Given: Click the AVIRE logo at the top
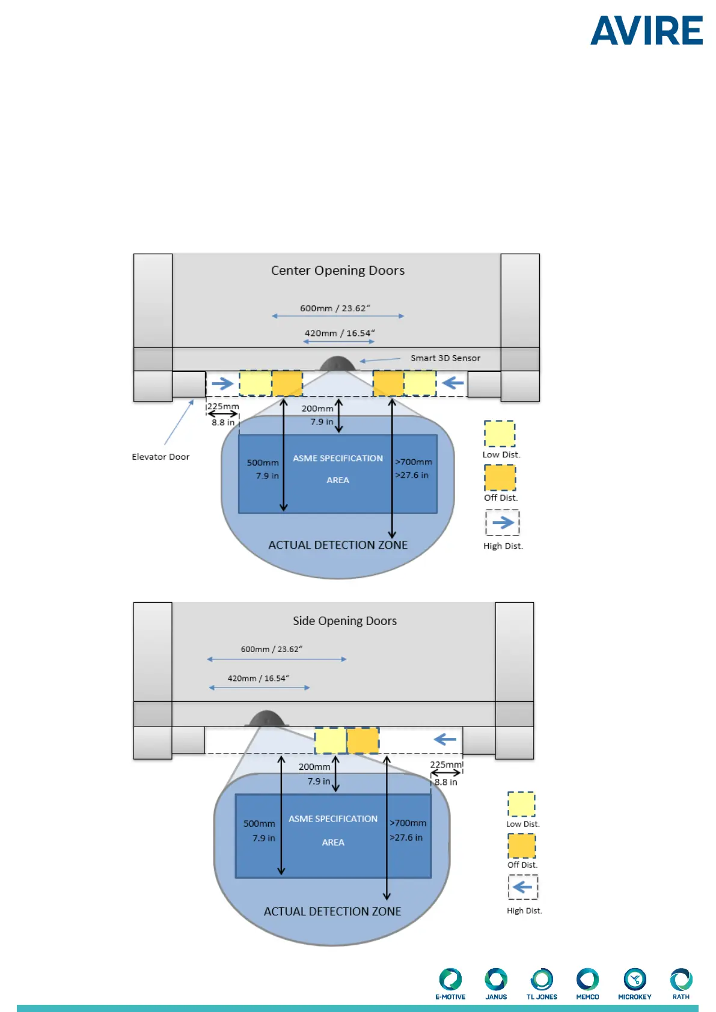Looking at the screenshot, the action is pyautogui.click(x=646, y=31).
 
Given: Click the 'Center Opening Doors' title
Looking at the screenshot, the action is pyautogui.click(x=337, y=270).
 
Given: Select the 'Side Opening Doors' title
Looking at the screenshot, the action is pyautogui.click(x=344, y=621).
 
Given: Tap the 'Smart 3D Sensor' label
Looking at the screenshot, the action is pyautogui.click(x=445, y=358).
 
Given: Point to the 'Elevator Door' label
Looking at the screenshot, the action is pyautogui.click(x=161, y=457).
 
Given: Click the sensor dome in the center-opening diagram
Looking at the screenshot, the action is pyautogui.click(x=337, y=364).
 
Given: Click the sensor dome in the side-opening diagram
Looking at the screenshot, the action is pyautogui.click(x=266, y=719).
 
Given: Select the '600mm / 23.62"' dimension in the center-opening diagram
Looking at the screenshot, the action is pyautogui.click(x=335, y=308).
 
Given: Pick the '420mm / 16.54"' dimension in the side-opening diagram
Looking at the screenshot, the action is pyautogui.click(x=258, y=678).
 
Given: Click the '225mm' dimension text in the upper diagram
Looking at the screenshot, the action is pyautogui.click(x=223, y=406).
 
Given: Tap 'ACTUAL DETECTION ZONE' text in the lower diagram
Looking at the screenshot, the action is pyautogui.click(x=332, y=911).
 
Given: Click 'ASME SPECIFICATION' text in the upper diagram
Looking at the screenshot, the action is pyautogui.click(x=337, y=458).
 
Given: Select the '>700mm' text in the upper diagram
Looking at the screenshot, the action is pyautogui.click(x=414, y=462).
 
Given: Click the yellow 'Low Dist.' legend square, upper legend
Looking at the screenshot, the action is pyautogui.click(x=500, y=433).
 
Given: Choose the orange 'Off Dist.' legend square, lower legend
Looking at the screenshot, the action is pyautogui.click(x=521, y=846).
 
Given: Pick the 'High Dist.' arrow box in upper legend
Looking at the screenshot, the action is pyautogui.click(x=503, y=523).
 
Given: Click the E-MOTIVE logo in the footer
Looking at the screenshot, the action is pyautogui.click(x=450, y=983).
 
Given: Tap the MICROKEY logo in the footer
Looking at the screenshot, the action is pyautogui.click(x=634, y=983).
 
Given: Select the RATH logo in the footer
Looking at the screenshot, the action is pyautogui.click(x=681, y=983).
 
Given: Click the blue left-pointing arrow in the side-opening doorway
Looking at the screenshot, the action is pyautogui.click(x=445, y=739).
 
